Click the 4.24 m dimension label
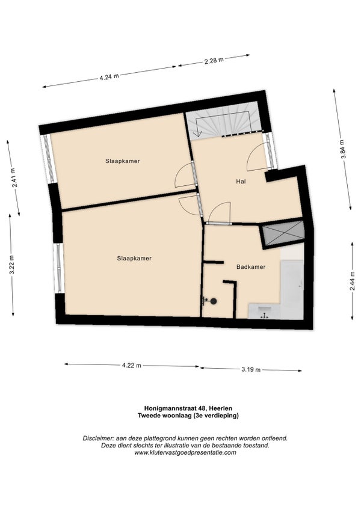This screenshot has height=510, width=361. click(x=109, y=77)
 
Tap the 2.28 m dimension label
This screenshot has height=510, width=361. click(x=214, y=61)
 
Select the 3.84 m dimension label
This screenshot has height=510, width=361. click(x=342, y=149)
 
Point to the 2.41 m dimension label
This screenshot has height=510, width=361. click(x=13, y=178)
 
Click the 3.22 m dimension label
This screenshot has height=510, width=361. click(x=11, y=265)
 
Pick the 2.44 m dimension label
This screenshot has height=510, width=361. click(x=352, y=281)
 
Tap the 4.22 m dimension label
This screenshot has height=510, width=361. click(x=132, y=365)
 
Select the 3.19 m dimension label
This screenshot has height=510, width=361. click(x=251, y=369)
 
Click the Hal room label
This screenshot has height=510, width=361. click(x=241, y=182)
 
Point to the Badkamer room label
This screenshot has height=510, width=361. click(x=251, y=267)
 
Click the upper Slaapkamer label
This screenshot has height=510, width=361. click(x=123, y=161)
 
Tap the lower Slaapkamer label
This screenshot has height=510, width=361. click(x=134, y=259)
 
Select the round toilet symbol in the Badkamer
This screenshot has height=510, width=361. click(x=213, y=301)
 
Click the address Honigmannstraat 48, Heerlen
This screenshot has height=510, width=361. click(x=188, y=408)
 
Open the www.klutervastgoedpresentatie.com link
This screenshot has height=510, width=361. click(x=185, y=452)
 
